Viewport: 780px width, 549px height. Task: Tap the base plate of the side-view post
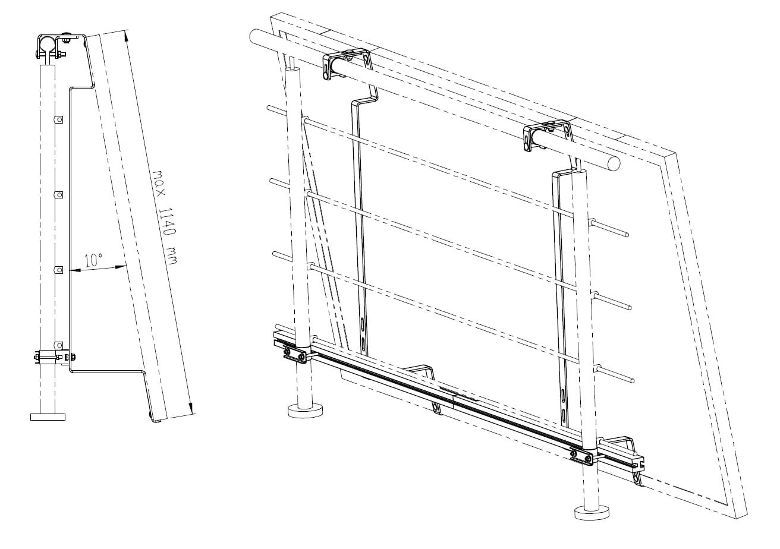coord(48,417)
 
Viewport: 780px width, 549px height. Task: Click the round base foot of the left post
coord(305,411)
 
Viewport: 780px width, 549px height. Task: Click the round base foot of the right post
coord(592,513)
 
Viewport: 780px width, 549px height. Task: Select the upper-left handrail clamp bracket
coord(346,64)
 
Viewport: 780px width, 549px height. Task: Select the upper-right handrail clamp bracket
coord(547,135)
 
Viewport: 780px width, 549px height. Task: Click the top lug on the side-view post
coord(59,119)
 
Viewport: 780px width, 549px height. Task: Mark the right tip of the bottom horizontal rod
coord(631,381)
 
